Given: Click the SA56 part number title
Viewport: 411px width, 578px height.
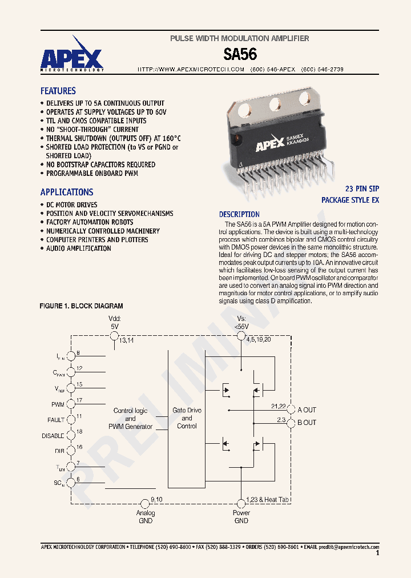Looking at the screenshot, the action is coord(240,54).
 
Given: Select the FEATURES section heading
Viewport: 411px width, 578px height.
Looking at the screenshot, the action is coord(58,91).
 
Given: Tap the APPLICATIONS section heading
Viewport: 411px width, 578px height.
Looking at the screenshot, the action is coord(66,192).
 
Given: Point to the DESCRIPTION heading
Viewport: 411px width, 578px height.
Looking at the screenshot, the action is coord(239,214).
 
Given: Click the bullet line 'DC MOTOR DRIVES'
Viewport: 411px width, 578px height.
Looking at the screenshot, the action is coord(71,204).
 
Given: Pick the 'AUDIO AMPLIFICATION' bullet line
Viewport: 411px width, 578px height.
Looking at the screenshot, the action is coord(78,248).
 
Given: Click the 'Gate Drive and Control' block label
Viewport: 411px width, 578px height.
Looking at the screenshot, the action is coord(187,418).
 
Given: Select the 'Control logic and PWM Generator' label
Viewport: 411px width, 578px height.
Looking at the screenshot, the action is coord(130,419).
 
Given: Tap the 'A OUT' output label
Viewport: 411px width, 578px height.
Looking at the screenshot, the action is coord(307,410).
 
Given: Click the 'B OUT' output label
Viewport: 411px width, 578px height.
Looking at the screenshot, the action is coord(307,423).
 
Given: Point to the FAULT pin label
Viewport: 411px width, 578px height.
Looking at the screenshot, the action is coord(56,420).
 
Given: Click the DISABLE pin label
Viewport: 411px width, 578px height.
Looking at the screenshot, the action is coord(53,436).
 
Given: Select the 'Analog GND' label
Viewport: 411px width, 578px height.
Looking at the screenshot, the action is coord(146,516).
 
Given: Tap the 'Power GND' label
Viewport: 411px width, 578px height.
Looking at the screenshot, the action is coord(241,516).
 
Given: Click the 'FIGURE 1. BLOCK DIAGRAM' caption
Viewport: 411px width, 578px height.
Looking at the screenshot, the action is coord(81,306).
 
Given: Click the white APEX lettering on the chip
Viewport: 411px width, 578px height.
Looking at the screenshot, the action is coord(269,146).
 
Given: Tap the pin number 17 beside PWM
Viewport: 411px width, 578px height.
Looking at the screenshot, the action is coord(79,400).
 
